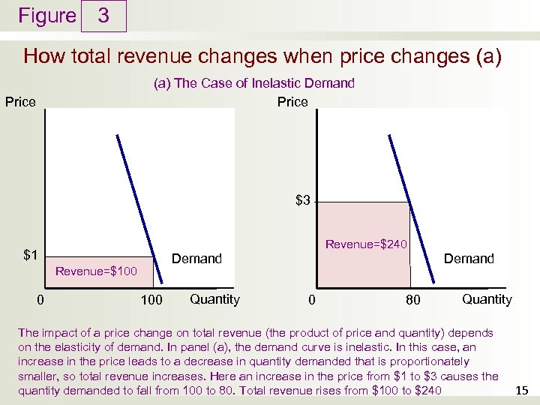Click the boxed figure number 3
click(103, 16)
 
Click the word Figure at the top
click(47, 16)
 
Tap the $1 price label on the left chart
click(31, 255)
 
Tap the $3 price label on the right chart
click(303, 200)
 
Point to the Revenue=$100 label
click(97, 271)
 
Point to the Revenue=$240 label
click(366, 244)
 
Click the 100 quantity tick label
click(152, 301)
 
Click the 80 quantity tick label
click(413, 301)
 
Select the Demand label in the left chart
click(196, 259)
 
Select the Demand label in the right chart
click(469, 259)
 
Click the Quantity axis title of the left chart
click(214, 299)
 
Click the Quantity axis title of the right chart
click(487, 299)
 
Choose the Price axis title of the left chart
click(20, 102)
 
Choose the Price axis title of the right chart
click(292, 102)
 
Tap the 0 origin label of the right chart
click(312, 301)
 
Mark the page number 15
click(522, 390)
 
